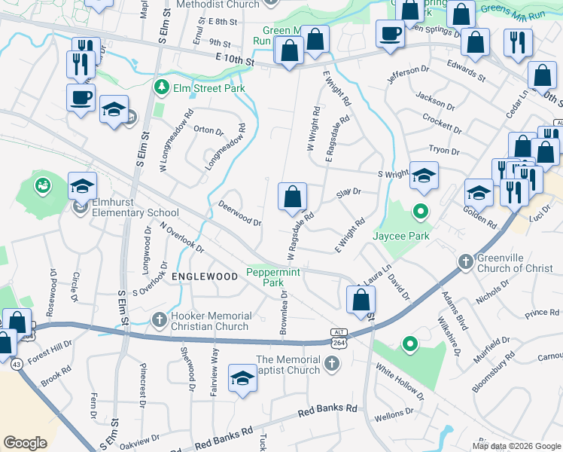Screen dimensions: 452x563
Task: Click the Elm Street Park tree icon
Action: pos(160,88)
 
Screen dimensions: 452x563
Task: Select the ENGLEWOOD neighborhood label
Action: pos(205,276)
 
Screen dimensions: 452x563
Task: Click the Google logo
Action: pos(26,443)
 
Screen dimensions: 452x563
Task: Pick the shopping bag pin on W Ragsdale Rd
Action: pos(293,197)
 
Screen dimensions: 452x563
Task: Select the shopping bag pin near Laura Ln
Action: pos(361,299)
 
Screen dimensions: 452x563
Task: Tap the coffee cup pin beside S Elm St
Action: pos(81,97)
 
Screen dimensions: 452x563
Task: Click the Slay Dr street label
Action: pos(348,193)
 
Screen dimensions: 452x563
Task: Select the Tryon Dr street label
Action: pos(443,151)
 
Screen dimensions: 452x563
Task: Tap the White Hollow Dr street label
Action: pos(400,382)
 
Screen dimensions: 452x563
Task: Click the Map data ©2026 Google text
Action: pos(516,446)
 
